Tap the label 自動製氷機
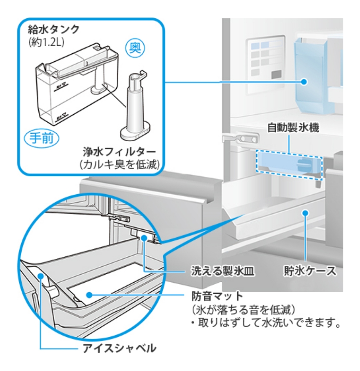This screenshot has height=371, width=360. pos(293,128)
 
